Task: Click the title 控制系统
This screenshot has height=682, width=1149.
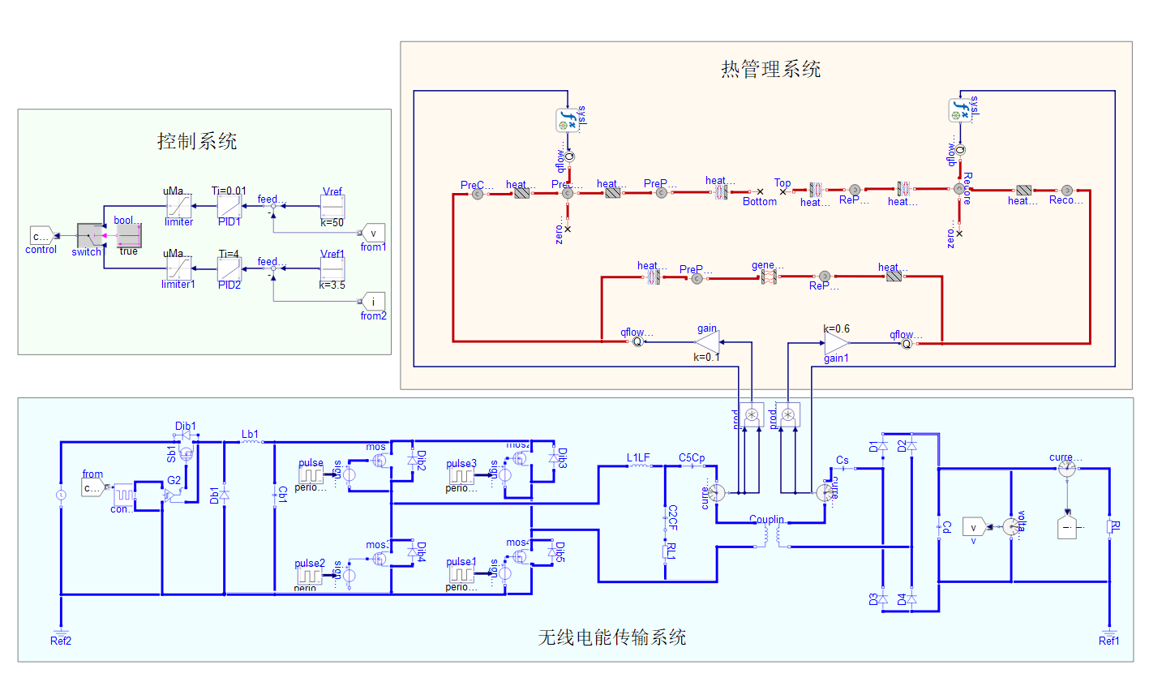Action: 197,141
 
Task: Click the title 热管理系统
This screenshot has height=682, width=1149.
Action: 770,69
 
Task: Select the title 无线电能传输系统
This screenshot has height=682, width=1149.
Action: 612,637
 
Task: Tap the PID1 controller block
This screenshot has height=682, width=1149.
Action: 229,206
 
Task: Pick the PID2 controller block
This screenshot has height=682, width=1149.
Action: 229,268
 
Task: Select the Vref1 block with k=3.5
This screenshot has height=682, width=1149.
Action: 332,269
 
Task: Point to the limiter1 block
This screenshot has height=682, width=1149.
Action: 178,268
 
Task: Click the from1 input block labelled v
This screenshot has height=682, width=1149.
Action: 373,233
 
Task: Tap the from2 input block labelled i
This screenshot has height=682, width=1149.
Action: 373,302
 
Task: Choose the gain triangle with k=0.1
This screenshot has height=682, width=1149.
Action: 707,342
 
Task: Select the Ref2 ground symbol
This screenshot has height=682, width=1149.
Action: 61,630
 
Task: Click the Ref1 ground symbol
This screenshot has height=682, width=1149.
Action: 1108,630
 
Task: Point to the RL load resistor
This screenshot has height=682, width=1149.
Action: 1108,528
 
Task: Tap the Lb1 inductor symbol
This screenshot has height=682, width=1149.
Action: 251,443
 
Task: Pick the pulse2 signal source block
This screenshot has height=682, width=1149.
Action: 309,575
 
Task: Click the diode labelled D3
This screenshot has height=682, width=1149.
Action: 883,599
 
